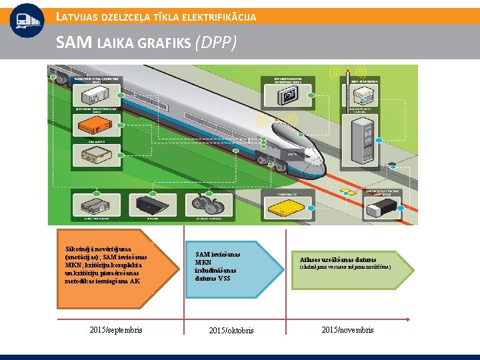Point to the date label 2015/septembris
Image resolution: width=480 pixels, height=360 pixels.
pos(115,330)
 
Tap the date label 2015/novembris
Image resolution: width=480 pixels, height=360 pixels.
pos(347,330)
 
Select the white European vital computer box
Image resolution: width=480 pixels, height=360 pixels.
pos(97,89)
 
